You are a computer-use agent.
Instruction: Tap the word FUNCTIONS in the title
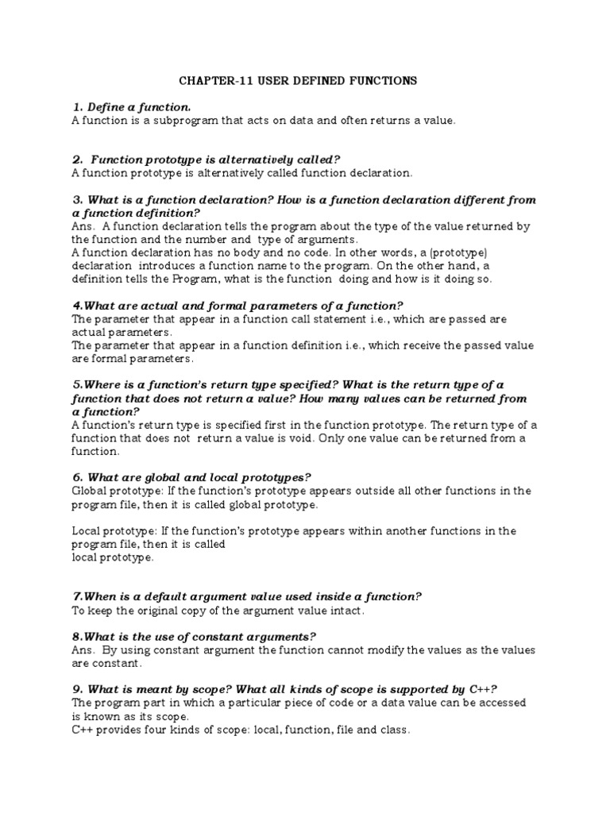click(x=380, y=80)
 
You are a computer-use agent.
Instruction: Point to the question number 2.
click(x=77, y=160)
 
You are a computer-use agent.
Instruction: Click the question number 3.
click(x=77, y=199)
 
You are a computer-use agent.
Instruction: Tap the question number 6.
click(x=76, y=477)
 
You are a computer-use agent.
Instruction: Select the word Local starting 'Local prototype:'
click(x=87, y=530)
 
